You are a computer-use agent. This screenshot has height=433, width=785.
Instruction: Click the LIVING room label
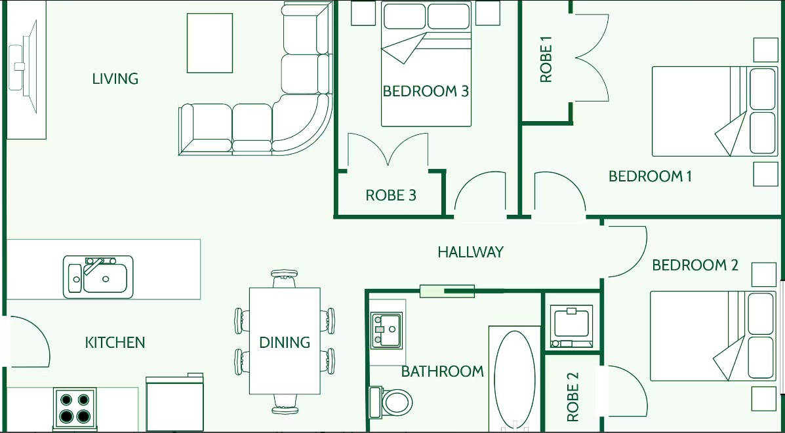(x=115, y=79)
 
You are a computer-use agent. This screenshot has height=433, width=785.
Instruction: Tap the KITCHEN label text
(x=115, y=343)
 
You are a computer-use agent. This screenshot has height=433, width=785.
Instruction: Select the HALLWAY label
(x=470, y=252)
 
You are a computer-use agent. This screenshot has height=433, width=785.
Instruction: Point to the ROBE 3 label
(x=391, y=195)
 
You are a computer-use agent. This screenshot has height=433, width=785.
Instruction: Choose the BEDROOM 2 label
(x=695, y=265)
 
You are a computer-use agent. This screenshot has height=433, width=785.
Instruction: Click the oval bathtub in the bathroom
(x=514, y=379)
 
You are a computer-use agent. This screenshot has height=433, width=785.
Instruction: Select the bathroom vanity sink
(x=386, y=330)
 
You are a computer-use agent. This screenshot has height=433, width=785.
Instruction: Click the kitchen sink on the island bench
(x=98, y=276)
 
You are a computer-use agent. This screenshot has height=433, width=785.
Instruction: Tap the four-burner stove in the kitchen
(x=74, y=407)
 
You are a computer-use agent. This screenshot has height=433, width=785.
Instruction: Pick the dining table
(x=285, y=341)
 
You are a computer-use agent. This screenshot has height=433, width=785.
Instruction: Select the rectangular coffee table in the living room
(x=210, y=43)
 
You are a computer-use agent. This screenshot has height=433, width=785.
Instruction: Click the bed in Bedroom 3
(x=426, y=64)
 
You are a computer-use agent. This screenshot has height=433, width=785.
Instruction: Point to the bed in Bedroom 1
(x=708, y=111)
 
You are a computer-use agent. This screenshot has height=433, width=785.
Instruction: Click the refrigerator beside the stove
(x=174, y=402)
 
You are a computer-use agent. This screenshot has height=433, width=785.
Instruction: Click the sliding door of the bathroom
(x=447, y=291)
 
